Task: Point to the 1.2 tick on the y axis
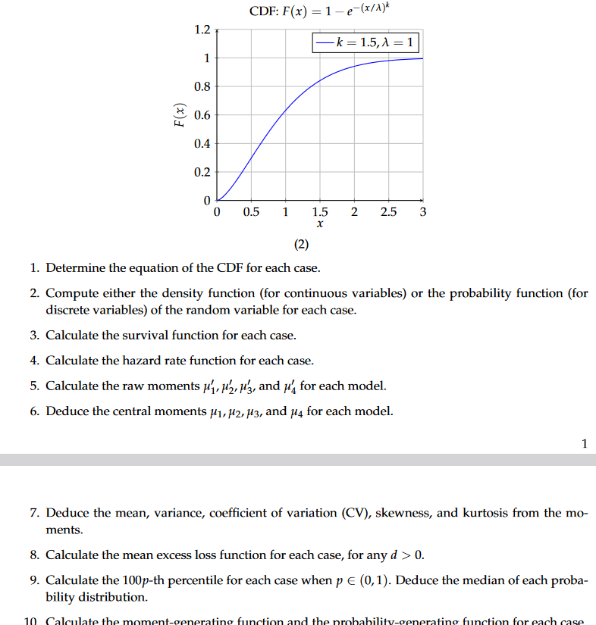click(202, 30)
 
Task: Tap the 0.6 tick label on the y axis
click(202, 115)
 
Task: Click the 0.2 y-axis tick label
click(202, 172)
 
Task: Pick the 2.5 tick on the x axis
click(388, 212)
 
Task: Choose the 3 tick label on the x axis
click(422, 212)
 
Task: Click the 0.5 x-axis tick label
click(251, 212)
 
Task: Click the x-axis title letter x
click(320, 225)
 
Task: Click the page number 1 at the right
click(584, 444)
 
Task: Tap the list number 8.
click(35, 555)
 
